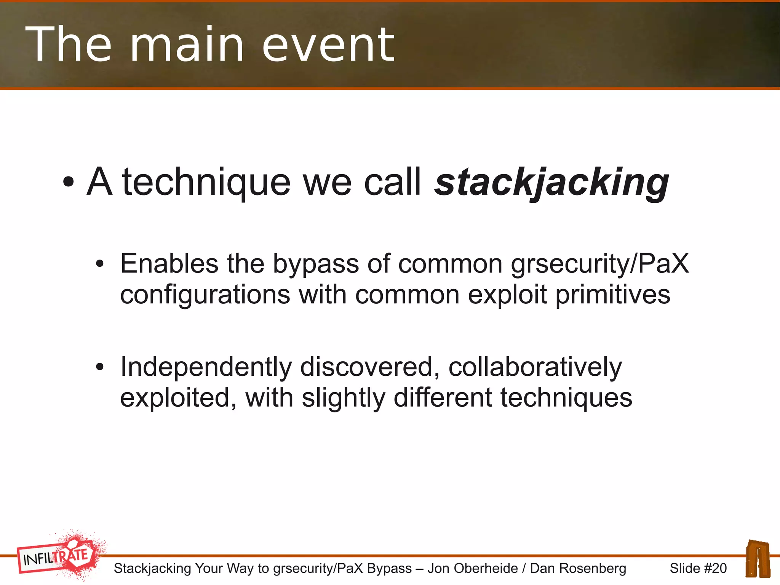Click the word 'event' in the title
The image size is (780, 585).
(x=328, y=45)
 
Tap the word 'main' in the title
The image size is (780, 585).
(x=187, y=45)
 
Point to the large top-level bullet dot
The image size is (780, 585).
(x=68, y=183)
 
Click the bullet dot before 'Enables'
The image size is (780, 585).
(x=100, y=264)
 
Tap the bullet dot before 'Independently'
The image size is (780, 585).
(x=100, y=367)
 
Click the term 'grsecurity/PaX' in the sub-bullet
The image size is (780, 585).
(x=600, y=264)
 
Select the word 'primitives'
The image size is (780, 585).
(x=613, y=295)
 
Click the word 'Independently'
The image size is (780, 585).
(x=206, y=367)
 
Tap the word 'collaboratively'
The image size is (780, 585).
(x=535, y=367)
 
